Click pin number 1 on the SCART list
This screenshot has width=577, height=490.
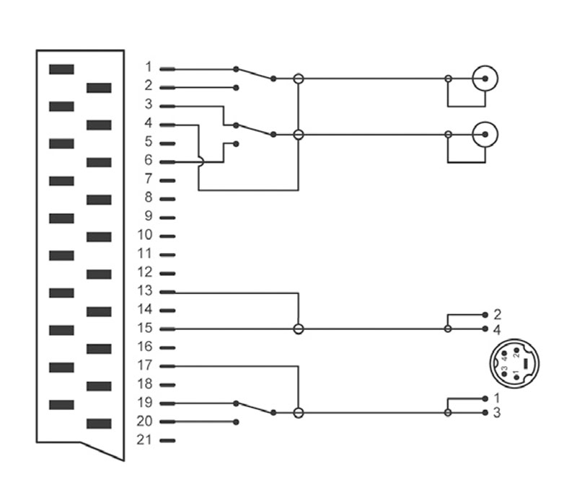pos(149,67)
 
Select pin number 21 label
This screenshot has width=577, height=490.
pos(144,440)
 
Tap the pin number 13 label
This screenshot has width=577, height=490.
pos(145,290)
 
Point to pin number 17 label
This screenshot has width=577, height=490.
pos(145,365)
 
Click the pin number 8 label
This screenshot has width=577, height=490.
pos(149,197)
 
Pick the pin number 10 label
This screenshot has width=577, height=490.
pos(145,234)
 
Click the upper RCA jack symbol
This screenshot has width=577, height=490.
pos(485,79)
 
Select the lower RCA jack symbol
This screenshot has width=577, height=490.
pos(485,135)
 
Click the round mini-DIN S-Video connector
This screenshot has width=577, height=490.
pos(514,362)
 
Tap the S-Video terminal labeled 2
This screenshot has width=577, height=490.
pos(485,315)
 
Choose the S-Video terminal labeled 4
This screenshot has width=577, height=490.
pos(485,329)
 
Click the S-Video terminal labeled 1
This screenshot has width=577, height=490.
pos(485,398)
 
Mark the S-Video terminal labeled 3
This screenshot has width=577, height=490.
pos(485,412)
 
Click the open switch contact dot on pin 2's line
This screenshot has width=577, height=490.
pos(237,88)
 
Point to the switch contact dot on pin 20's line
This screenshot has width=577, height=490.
pos(237,422)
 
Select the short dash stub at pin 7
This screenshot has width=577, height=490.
pos(167,180)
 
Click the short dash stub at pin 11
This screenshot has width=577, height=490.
pos(167,255)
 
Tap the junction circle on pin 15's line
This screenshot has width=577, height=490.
pos(299,329)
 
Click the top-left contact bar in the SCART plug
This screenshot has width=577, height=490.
pos(61,69)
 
